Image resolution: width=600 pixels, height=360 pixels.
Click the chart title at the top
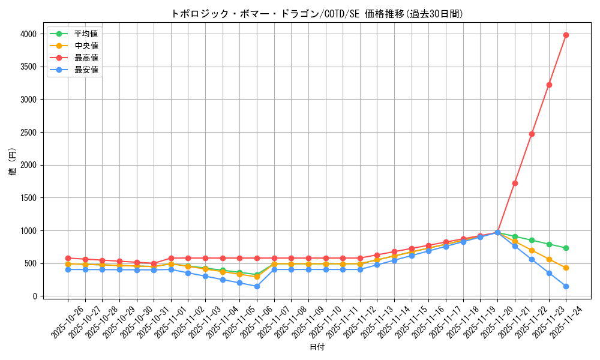pos(317,14)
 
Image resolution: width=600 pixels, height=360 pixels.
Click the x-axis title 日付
pos(317,347)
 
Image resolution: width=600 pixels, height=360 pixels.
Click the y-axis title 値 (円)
pos(13,161)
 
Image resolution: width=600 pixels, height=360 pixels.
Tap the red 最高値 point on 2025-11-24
pos(566,35)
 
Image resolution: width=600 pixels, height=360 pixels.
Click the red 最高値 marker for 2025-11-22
pos(532,134)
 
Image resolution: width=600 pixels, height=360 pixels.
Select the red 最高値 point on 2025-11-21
pos(515,183)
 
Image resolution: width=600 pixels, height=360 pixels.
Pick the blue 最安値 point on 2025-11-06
pos(257,286)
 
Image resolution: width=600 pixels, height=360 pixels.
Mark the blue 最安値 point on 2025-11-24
pos(566,286)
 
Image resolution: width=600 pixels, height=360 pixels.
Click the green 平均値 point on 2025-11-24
pos(566,248)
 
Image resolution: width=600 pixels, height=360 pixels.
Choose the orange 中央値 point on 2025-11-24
pos(566,268)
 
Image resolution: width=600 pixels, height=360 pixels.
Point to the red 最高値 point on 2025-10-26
pos(68,258)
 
